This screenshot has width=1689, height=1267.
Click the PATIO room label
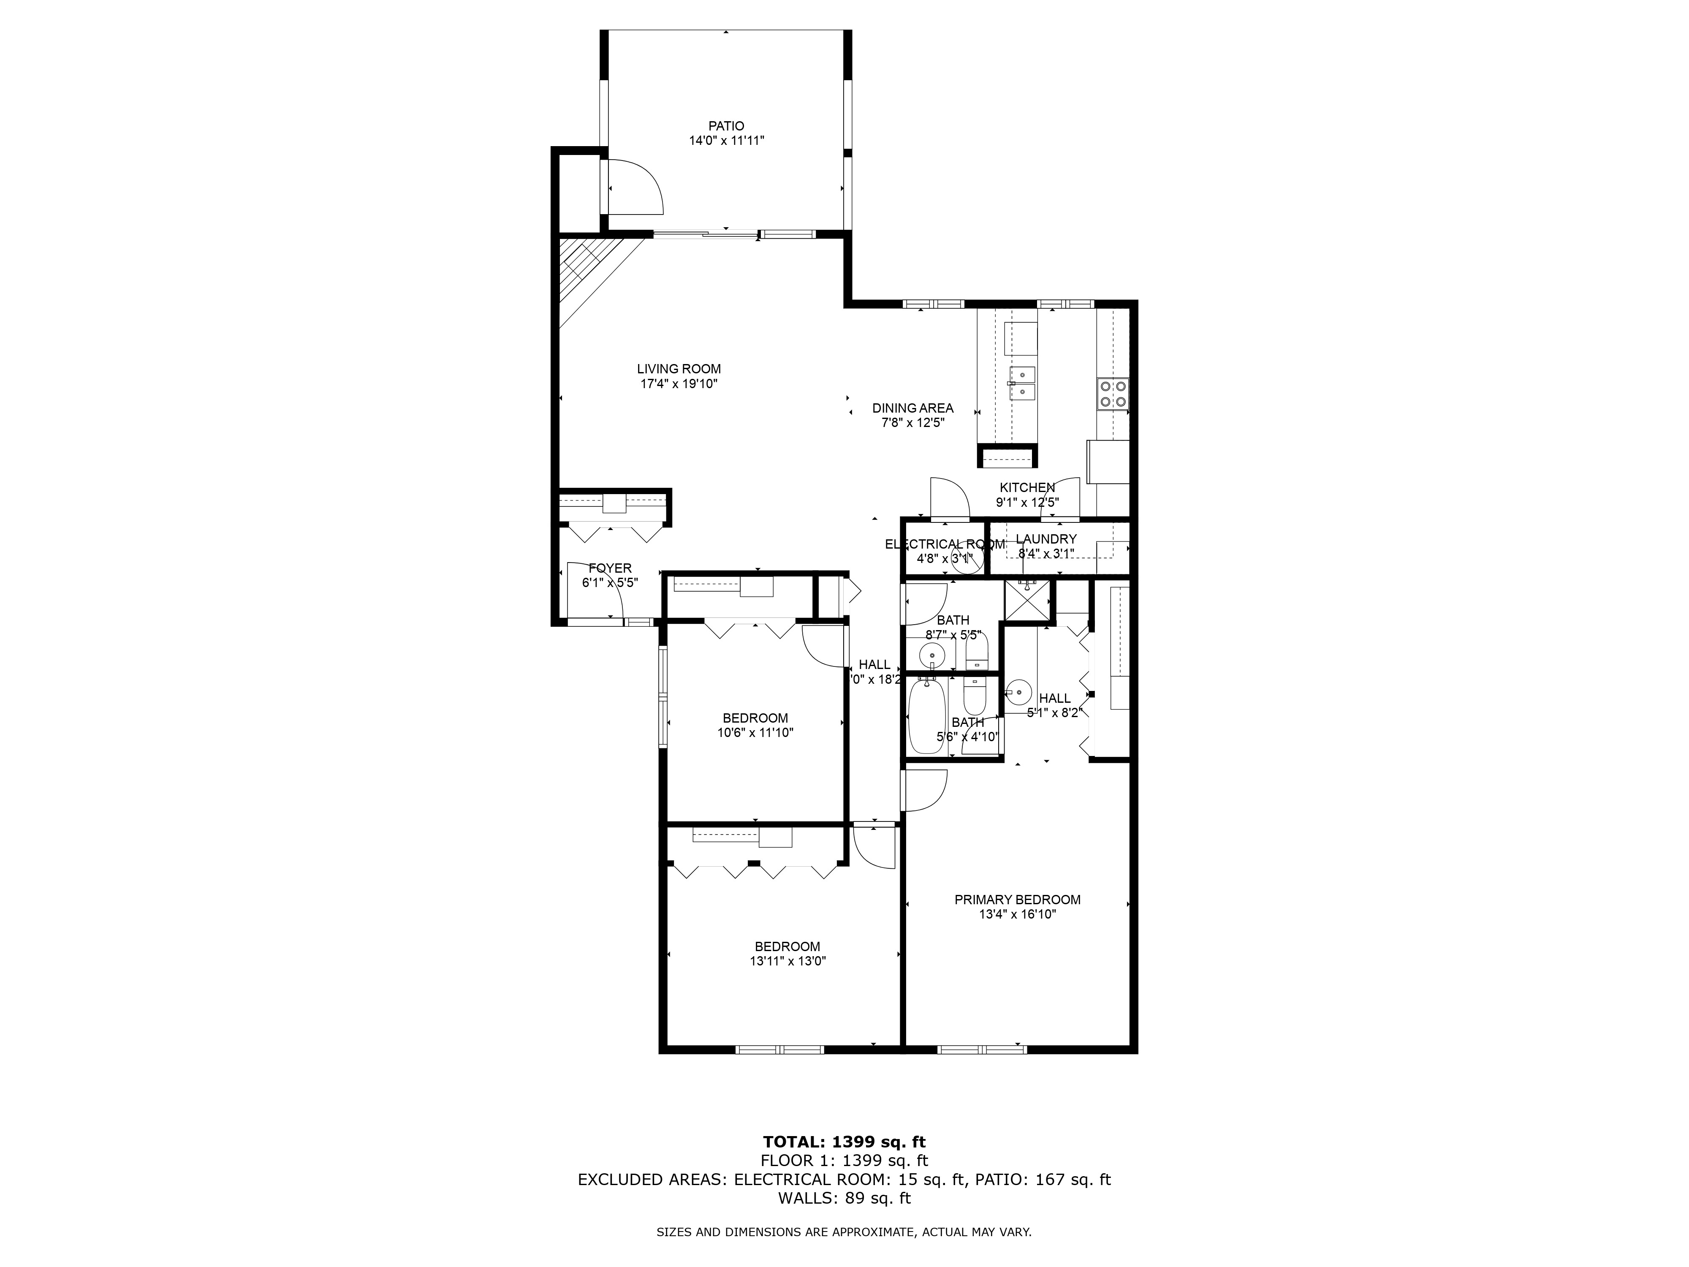point(725,126)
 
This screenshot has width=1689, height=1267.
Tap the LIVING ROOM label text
point(679,369)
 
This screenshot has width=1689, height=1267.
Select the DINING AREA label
point(912,408)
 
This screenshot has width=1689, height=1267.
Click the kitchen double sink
point(1022,383)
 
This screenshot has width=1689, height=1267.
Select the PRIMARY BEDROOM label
point(1017,900)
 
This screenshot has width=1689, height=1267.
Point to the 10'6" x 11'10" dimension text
point(755,732)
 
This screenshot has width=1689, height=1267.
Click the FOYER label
point(610,568)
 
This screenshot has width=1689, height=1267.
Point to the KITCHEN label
point(1027,487)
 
